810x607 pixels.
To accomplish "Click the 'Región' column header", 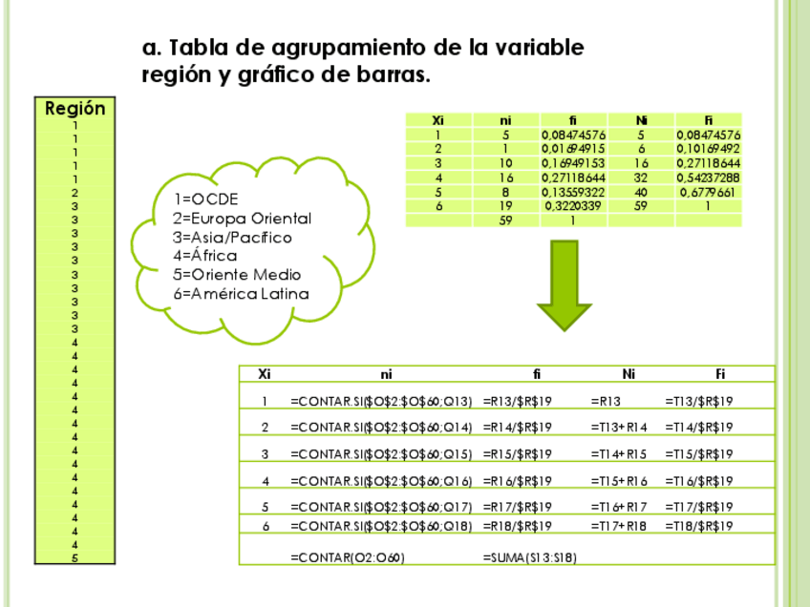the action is (x=75, y=109).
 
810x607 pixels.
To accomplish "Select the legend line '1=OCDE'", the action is (x=205, y=199).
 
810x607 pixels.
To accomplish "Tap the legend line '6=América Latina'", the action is (x=242, y=294).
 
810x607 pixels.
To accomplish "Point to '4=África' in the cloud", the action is (x=205, y=256).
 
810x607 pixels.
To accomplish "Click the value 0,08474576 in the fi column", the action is (x=573, y=136).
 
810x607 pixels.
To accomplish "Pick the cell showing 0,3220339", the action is (x=573, y=205).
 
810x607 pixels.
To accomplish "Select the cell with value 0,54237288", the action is (x=708, y=178).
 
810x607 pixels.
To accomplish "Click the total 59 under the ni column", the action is (x=506, y=220).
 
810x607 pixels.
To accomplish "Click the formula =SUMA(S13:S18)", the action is (x=530, y=557).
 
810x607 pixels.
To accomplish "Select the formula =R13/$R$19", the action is (x=518, y=401).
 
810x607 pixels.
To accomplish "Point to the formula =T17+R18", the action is (x=619, y=526).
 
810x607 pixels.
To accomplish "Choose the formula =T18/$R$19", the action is (x=699, y=526).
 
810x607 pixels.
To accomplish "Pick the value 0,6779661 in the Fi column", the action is (x=708, y=192).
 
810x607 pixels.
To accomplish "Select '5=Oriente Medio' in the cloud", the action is (x=238, y=275).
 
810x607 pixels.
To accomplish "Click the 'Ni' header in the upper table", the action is (x=641, y=120).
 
